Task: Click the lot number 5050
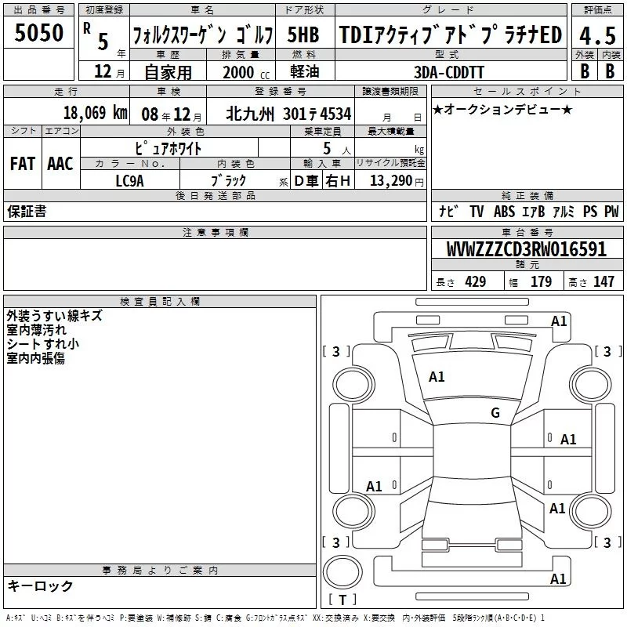(38, 33)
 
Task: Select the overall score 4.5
(597, 35)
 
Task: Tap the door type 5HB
(303, 34)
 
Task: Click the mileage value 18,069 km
(95, 113)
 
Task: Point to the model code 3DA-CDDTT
(448, 72)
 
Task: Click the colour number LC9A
(129, 181)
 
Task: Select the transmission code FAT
(23, 164)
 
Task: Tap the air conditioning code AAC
(60, 164)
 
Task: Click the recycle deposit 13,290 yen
(397, 181)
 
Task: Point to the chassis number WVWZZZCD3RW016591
(526, 249)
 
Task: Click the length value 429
(476, 281)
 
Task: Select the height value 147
(603, 281)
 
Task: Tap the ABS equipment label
(504, 212)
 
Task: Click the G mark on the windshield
(495, 413)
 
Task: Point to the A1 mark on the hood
(437, 377)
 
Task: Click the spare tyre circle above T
(342, 572)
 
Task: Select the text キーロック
(41, 586)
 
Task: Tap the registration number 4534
(335, 114)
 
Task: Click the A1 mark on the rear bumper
(558, 579)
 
